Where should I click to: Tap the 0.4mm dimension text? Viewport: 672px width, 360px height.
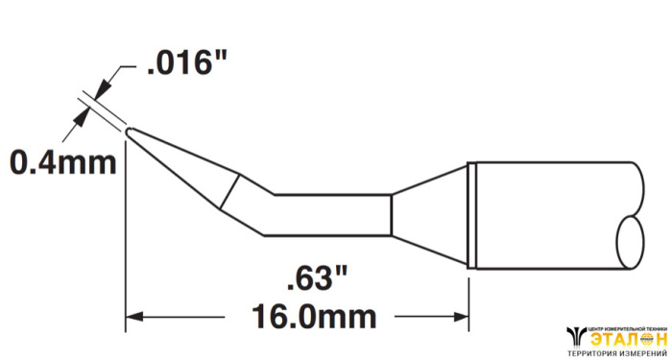pos(63,163)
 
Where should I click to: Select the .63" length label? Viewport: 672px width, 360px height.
pos(317,278)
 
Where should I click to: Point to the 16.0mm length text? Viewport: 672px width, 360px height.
pos(314,317)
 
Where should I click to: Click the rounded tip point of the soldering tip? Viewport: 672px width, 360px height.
pos(128,132)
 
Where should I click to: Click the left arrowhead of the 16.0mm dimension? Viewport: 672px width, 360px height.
pos(133,317)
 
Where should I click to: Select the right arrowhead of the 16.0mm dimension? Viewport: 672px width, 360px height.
pos(460,317)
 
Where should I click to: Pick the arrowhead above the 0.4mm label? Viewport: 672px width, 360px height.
pos(83,116)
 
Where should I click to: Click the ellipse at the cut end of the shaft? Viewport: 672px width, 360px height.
pos(630,243)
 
